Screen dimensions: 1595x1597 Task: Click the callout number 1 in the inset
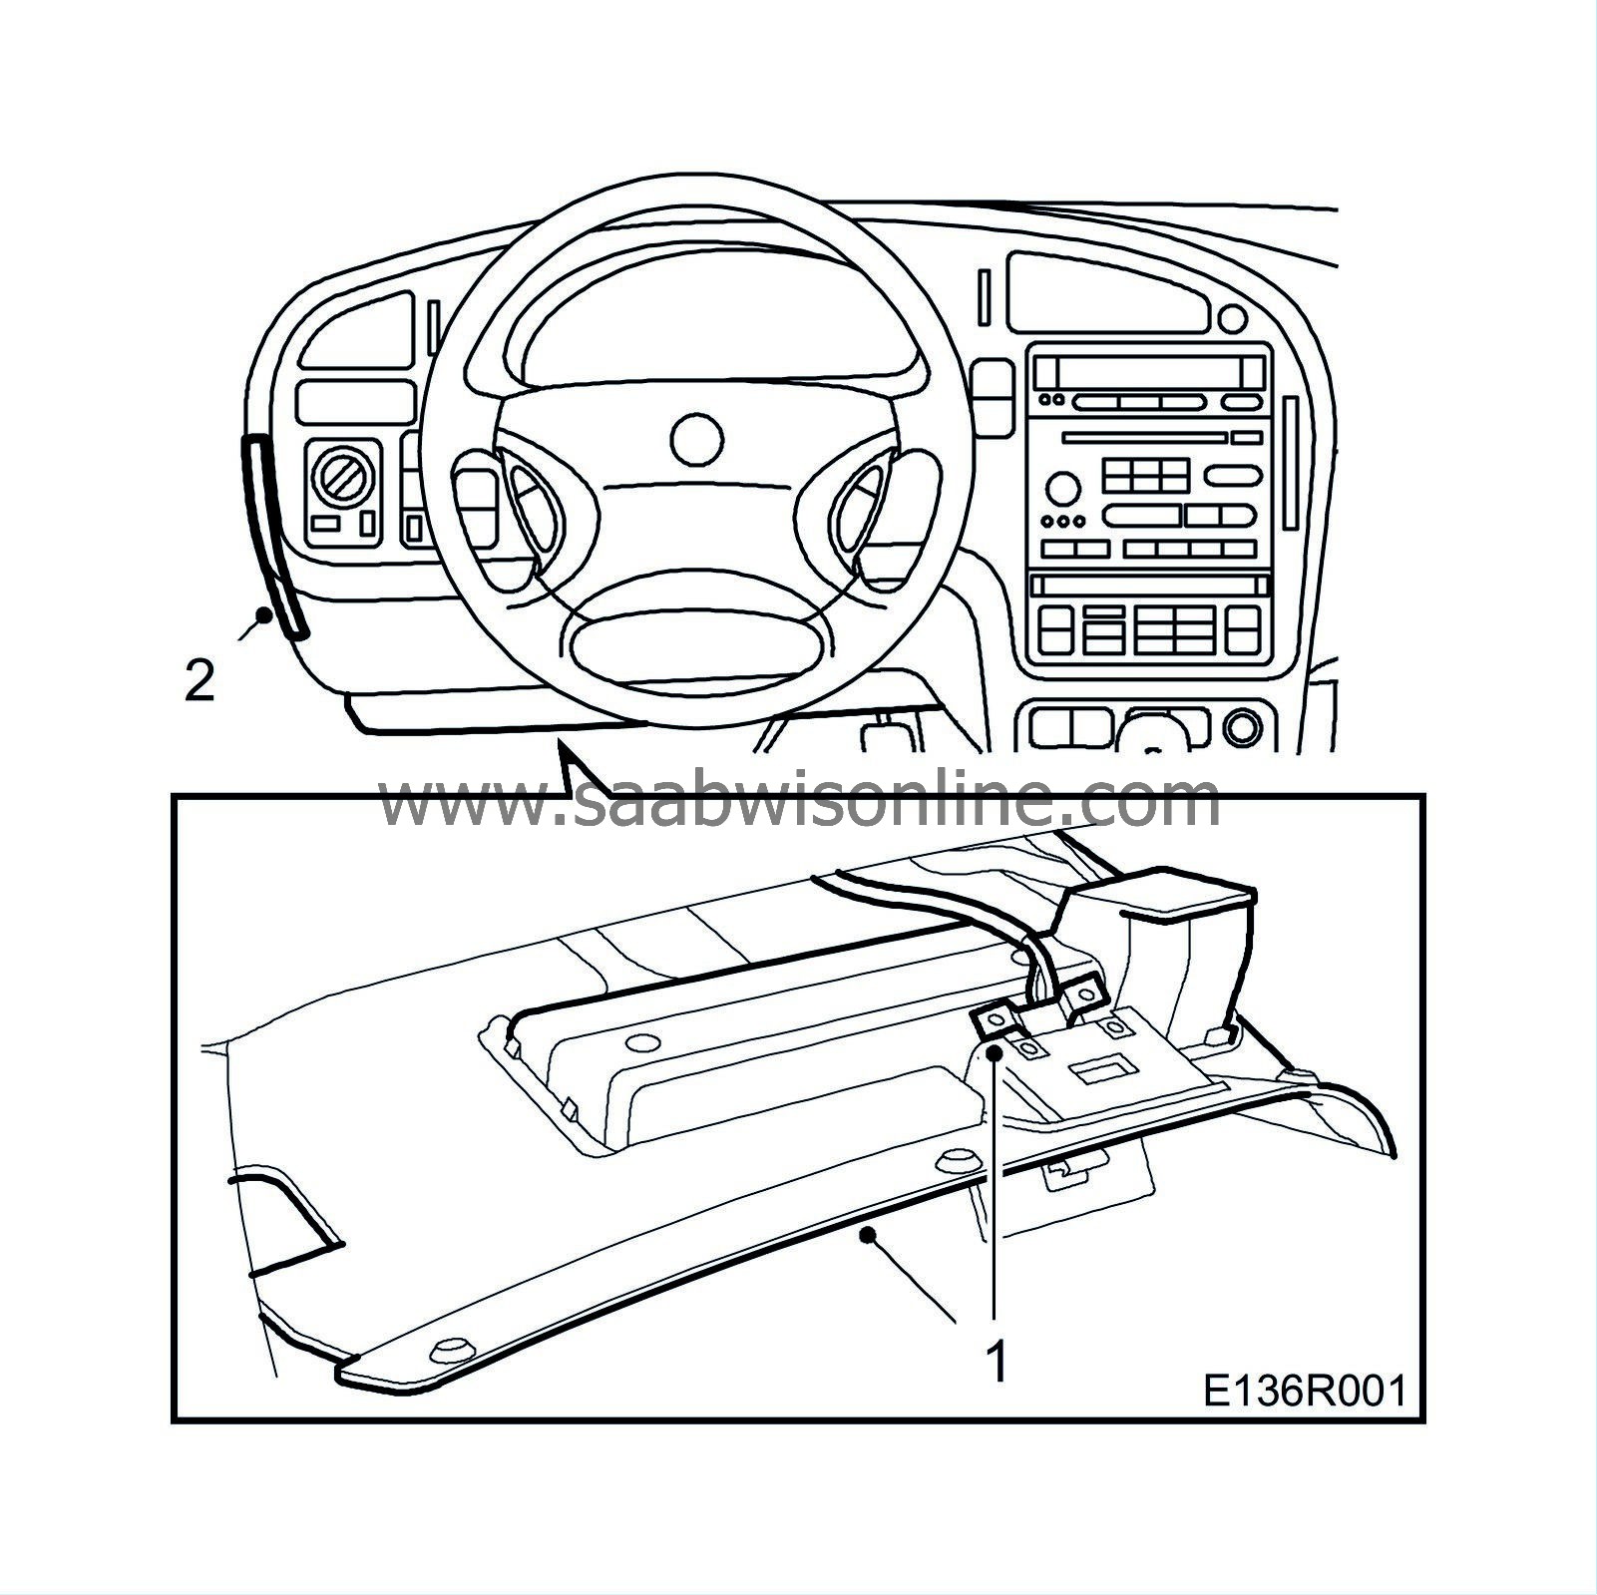coord(996,1363)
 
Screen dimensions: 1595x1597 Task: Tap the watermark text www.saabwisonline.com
coord(798,801)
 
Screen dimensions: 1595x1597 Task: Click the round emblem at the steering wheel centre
coord(696,438)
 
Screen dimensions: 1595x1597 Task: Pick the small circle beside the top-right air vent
coord(1233,318)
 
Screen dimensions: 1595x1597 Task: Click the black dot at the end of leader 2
coord(263,615)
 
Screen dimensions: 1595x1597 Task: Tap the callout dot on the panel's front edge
coord(873,1235)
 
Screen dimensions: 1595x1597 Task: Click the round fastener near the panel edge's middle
coord(959,1162)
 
